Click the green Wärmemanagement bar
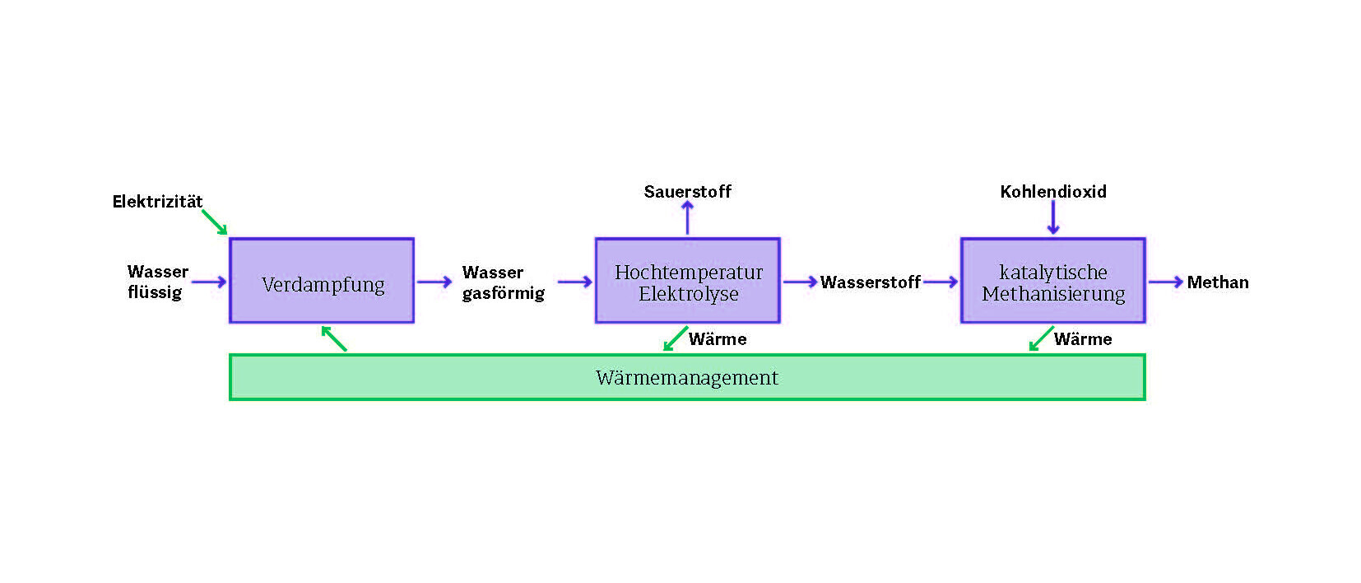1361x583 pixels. [x=687, y=378]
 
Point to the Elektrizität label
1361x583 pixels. [x=157, y=202]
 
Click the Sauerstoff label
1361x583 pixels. [x=687, y=192]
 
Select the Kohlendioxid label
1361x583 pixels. [x=1052, y=192]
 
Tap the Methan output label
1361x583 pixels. [x=1217, y=282]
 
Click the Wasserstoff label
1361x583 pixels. [x=870, y=282]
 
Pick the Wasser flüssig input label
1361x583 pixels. [x=156, y=282]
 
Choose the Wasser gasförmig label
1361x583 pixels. [x=503, y=282]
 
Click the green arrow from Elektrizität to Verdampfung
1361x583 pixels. [x=214, y=222]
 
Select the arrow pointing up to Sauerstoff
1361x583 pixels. [x=688, y=218]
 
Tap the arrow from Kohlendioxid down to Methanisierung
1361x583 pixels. [x=1052, y=218]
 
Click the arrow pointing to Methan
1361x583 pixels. [x=1165, y=282]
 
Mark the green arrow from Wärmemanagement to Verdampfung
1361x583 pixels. [x=334, y=338]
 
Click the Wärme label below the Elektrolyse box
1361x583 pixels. [x=718, y=339]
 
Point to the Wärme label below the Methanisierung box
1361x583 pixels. [x=1083, y=339]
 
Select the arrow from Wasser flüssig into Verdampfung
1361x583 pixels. [x=208, y=282]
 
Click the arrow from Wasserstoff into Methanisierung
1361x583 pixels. [x=941, y=282]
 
